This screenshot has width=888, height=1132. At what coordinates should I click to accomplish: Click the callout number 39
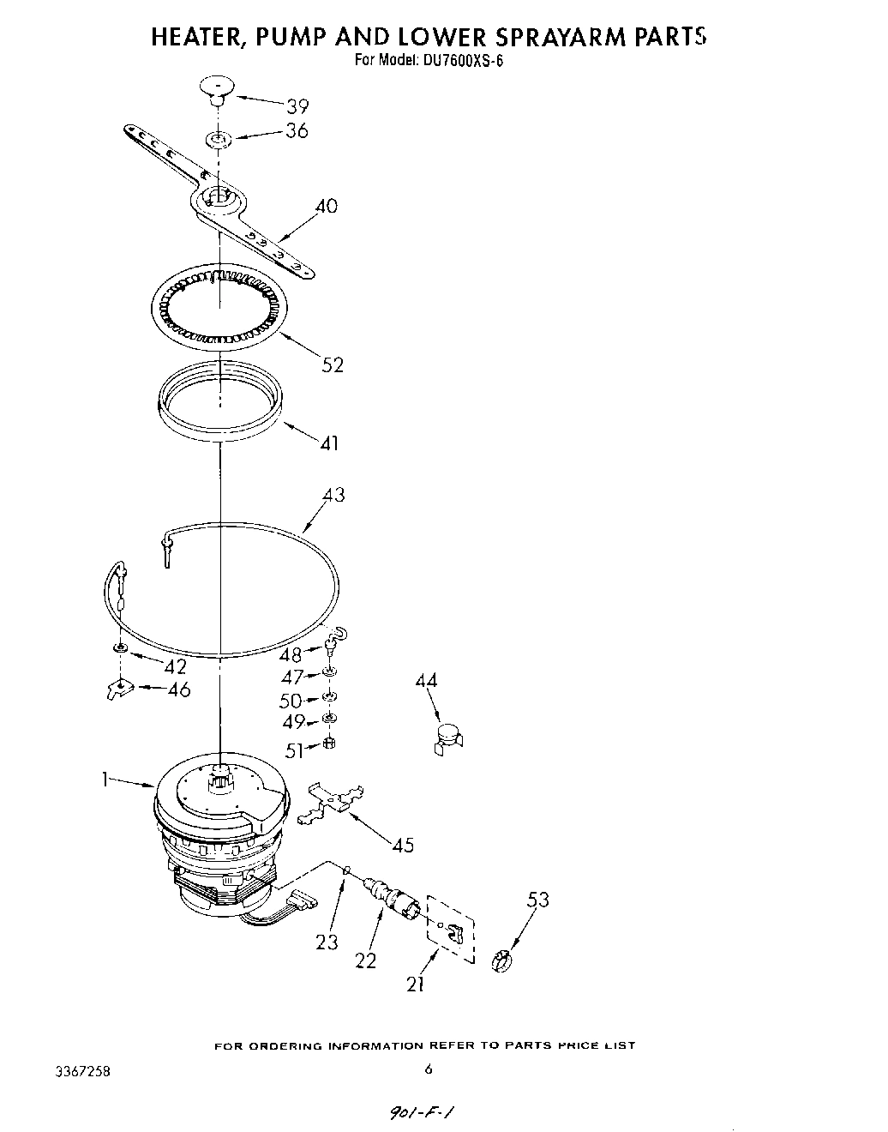click(297, 106)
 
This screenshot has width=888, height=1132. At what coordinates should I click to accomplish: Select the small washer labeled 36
click(219, 137)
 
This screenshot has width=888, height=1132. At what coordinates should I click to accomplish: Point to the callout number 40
click(326, 206)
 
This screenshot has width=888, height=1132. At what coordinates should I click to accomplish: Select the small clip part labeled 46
click(123, 688)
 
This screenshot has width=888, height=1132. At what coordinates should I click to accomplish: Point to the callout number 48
click(291, 655)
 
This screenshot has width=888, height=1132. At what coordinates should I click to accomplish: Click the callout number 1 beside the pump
click(105, 780)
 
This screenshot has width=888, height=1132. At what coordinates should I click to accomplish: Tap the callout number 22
click(365, 960)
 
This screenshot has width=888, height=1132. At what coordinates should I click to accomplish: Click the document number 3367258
click(81, 1073)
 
